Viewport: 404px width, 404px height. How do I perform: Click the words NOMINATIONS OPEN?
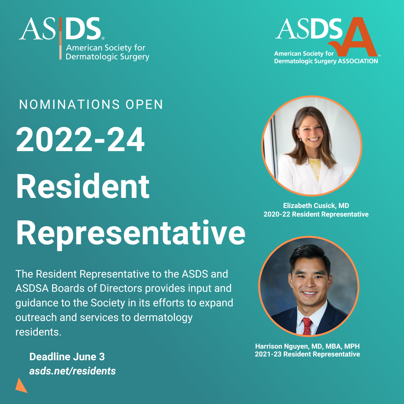[x=91, y=105]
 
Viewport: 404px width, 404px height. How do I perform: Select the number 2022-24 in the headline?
[x=80, y=140]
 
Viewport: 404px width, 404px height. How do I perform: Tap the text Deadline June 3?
[x=67, y=356]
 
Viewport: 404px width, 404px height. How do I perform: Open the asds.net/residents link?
[x=73, y=371]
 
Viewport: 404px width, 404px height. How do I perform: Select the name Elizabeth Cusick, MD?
[x=316, y=205]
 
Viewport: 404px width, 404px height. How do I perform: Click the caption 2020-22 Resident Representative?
[x=316, y=214]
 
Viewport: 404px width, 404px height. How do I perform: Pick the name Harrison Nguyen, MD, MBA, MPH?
[x=307, y=346]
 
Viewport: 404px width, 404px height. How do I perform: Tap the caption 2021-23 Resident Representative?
[x=307, y=354]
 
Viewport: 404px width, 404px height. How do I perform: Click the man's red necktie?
[x=307, y=325]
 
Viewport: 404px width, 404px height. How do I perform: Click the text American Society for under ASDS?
[x=106, y=48]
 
